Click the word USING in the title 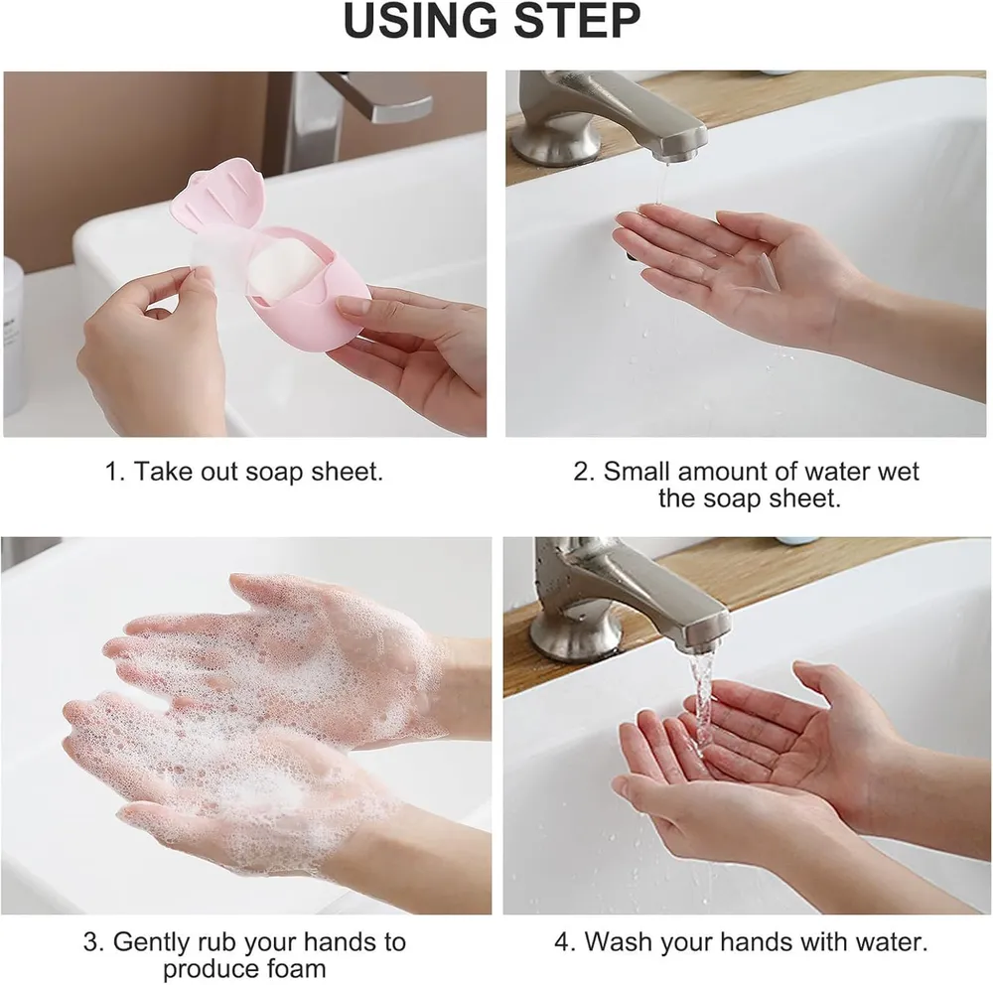tap(420, 22)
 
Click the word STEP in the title tap(577, 22)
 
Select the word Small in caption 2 tap(637, 472)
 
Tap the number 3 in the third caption tap(91, 942)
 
